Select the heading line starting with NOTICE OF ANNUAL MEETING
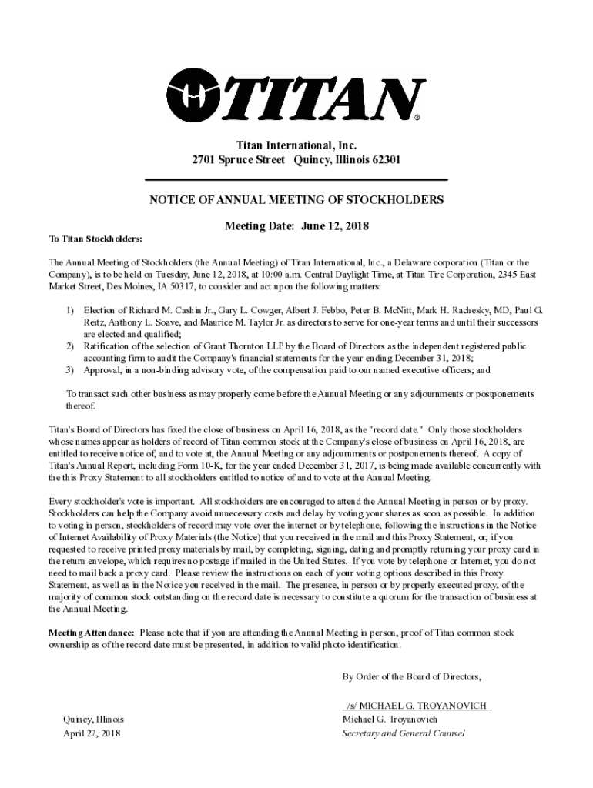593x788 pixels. pos(296,200)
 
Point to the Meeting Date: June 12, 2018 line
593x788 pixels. pos(296,226)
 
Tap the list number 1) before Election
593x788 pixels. pos(69,310)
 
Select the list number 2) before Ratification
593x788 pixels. pos(69,346)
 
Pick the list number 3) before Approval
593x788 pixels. pos(69,370)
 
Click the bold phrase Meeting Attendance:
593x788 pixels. pos(92,632)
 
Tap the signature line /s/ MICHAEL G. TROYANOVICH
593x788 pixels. pos(417,706)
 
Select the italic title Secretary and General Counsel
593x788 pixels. pos(404,733)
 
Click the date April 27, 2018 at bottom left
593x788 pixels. pos(92,733)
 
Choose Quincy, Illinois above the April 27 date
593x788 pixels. pos(93,719)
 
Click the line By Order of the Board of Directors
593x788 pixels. pos(412,677)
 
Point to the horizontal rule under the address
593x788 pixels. pos(296,179)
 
